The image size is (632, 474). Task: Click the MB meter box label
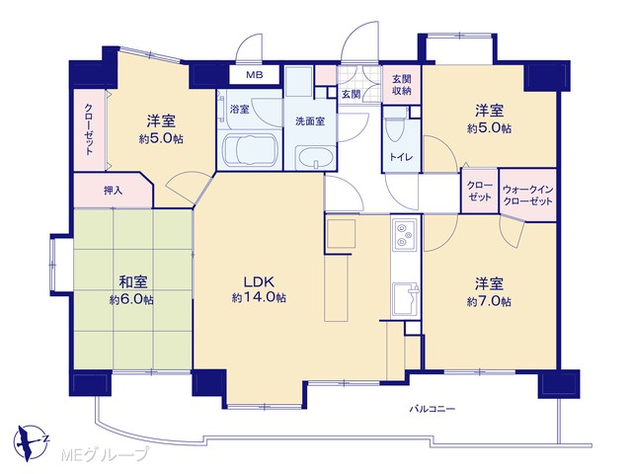click(x=255, y=75)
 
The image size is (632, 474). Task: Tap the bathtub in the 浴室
click(x=250, y=151)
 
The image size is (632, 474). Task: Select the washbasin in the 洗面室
click(x=314, y=158)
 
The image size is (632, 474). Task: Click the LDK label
click(x=259, y=281)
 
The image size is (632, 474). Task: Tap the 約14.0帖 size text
click(x=259, y=298)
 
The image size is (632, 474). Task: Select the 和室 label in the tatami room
click(x=132, y=282)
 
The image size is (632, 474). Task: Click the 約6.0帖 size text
click(x=131, y=300)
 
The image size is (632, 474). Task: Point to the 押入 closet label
click(x=113, y=191)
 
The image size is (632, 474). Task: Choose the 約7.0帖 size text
click(x=489, y=301)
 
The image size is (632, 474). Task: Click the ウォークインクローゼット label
click(x=528, y=196)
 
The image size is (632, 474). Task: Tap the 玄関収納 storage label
click(x=402, y=84)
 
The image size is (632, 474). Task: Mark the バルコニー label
click(x=433, y=410)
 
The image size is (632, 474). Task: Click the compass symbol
click(x=29, y=441)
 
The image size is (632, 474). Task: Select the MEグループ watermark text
click(x=105, y=455)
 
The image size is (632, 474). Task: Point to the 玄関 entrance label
click(x=352, y=95)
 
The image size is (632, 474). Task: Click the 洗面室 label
click(x=310, y=121)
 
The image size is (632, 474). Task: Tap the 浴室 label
click(x=239, y=109)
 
